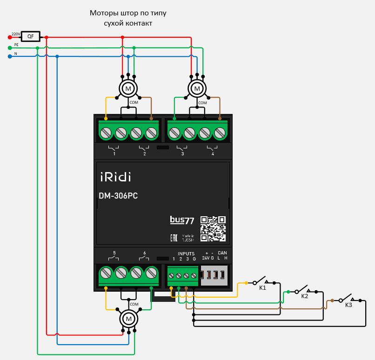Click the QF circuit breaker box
(31, 37)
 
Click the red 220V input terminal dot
(10, 37)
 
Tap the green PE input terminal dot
(10, 47)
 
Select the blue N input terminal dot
(10, 56)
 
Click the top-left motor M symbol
(128, 88)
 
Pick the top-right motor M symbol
(197, 88)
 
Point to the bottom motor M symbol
(129, 319)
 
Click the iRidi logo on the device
(116, 177)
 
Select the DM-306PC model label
(118, 196)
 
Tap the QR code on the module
(213, 228)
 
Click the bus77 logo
(182, 220)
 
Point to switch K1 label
(262, 288)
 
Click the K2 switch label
(305, 296)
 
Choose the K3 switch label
(348, 305)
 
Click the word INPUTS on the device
(186, 253)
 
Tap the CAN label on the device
(222, 253)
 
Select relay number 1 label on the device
(114, 153)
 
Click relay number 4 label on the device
(213, 153)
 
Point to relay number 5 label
(114, 253)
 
